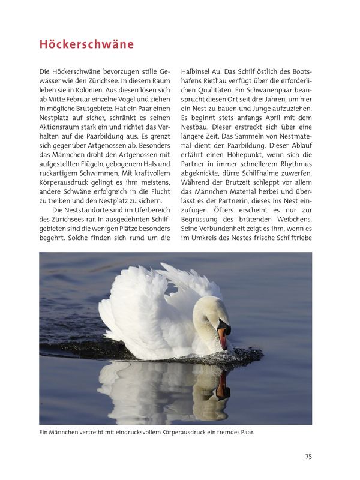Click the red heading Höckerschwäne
click(x=86, y=44)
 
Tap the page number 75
click(x=308, y=457)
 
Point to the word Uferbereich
click(x=149, y=211)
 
